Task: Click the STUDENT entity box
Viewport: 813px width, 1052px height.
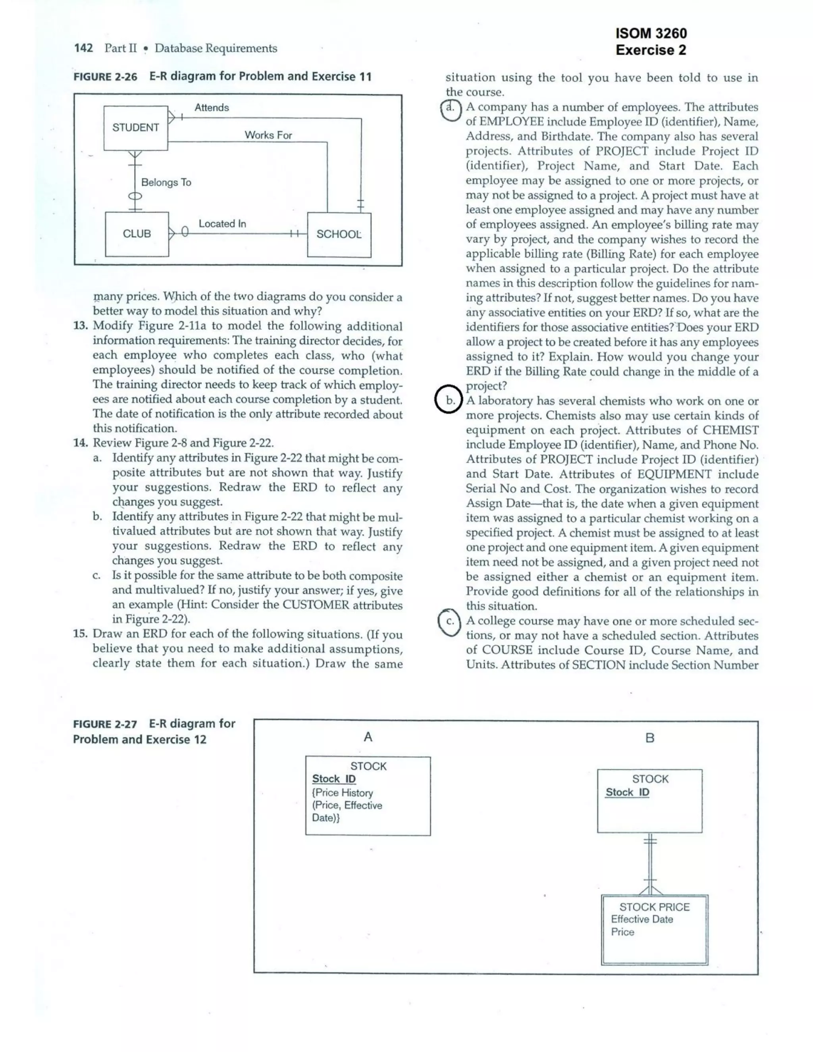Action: [x=135, y=128]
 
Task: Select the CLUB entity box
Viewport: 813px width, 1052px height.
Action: [x=137, y=234]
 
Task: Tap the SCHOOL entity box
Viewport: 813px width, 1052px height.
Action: [x=339, y=235]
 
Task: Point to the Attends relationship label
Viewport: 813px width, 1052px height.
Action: [x=212, y=108]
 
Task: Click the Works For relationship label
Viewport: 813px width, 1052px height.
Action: [x=268, y=135]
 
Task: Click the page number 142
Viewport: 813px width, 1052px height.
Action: [x=83, y=48]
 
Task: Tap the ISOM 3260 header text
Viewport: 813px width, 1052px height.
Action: [x=651, y=33]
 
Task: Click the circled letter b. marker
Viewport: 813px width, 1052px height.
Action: [x=449, y=400]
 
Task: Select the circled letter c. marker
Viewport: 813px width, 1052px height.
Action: [x=449, y=621]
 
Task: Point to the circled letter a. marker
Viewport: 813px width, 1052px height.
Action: [x=450, y=108]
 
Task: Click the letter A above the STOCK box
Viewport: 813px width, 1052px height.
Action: [x=368, y=736]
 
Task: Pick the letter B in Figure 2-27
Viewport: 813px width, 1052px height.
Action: [x=650, y=738]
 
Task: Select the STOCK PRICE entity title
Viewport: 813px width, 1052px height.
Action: [x=654, y=907]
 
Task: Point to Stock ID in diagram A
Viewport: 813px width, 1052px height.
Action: [x=334, y=779]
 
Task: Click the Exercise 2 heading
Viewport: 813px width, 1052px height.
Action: [x=651, y=50]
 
